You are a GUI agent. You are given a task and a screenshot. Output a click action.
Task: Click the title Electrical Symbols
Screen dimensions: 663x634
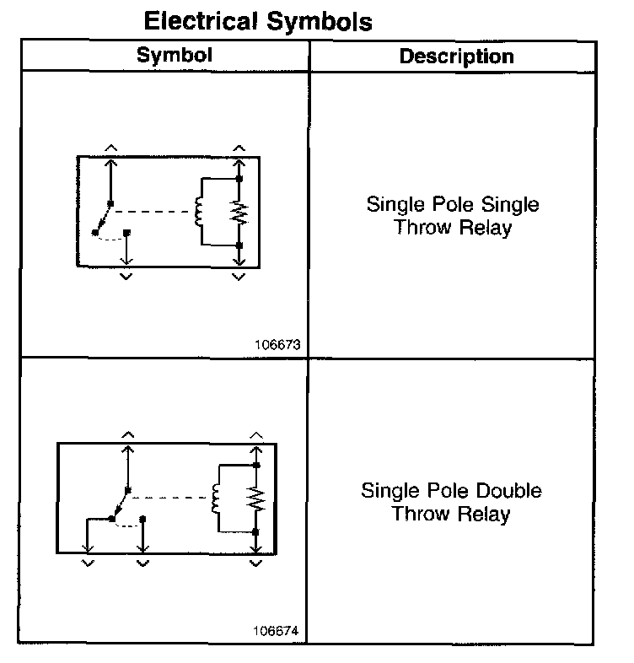coord(258,20)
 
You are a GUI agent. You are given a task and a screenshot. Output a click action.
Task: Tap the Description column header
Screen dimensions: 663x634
coord(456,57)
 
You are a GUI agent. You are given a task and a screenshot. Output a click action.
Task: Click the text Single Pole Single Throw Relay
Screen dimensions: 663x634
coord(453,216)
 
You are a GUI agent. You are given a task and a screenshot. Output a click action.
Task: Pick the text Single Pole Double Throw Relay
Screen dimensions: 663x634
coord(451,502)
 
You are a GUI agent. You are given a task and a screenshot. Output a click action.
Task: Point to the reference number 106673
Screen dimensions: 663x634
coord(277,344)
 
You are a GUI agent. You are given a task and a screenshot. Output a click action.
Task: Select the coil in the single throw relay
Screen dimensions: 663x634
coord(200,211)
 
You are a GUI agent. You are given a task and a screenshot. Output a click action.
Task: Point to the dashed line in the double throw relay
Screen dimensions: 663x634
coord(169,497)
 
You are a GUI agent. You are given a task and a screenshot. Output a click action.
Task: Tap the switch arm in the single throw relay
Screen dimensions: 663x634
coord(102,217)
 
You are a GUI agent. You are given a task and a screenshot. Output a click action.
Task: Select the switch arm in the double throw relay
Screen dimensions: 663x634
coord(119,504)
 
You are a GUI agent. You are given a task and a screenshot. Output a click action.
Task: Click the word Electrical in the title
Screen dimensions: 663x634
coord(201,20)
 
